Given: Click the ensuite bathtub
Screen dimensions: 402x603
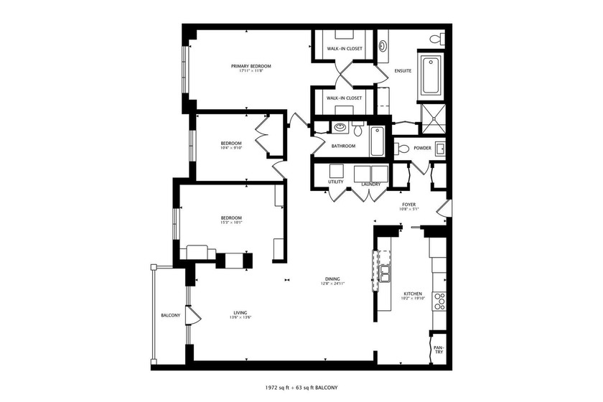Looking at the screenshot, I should [x=432, y=75].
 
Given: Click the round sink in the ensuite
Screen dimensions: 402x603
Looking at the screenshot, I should [x=383, y=46].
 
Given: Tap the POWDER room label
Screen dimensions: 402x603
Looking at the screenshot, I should [x=423, y=149].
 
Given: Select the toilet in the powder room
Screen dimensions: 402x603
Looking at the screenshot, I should [x=403, y=149].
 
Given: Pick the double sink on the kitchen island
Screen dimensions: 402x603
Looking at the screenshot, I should [x=385, y=274].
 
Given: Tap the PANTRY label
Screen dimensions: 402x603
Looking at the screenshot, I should [x=438, y=350].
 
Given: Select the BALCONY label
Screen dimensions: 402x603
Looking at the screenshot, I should [x=170, y=316].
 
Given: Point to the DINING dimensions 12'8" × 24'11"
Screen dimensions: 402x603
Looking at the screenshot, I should [x=332, y=284].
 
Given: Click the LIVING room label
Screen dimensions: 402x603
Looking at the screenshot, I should [x=240, y=312].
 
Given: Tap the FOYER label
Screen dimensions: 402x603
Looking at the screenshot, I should [x=409, y=205].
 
